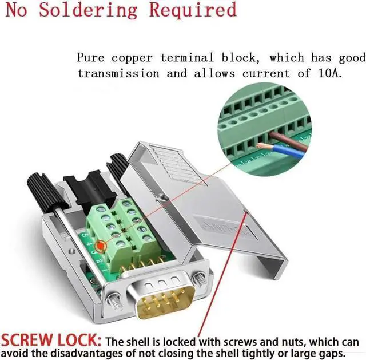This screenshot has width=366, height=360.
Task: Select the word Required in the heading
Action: [193, 10]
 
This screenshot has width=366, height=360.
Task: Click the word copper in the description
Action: [129, 58]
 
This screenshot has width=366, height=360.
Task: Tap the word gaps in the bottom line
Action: [331, 352]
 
